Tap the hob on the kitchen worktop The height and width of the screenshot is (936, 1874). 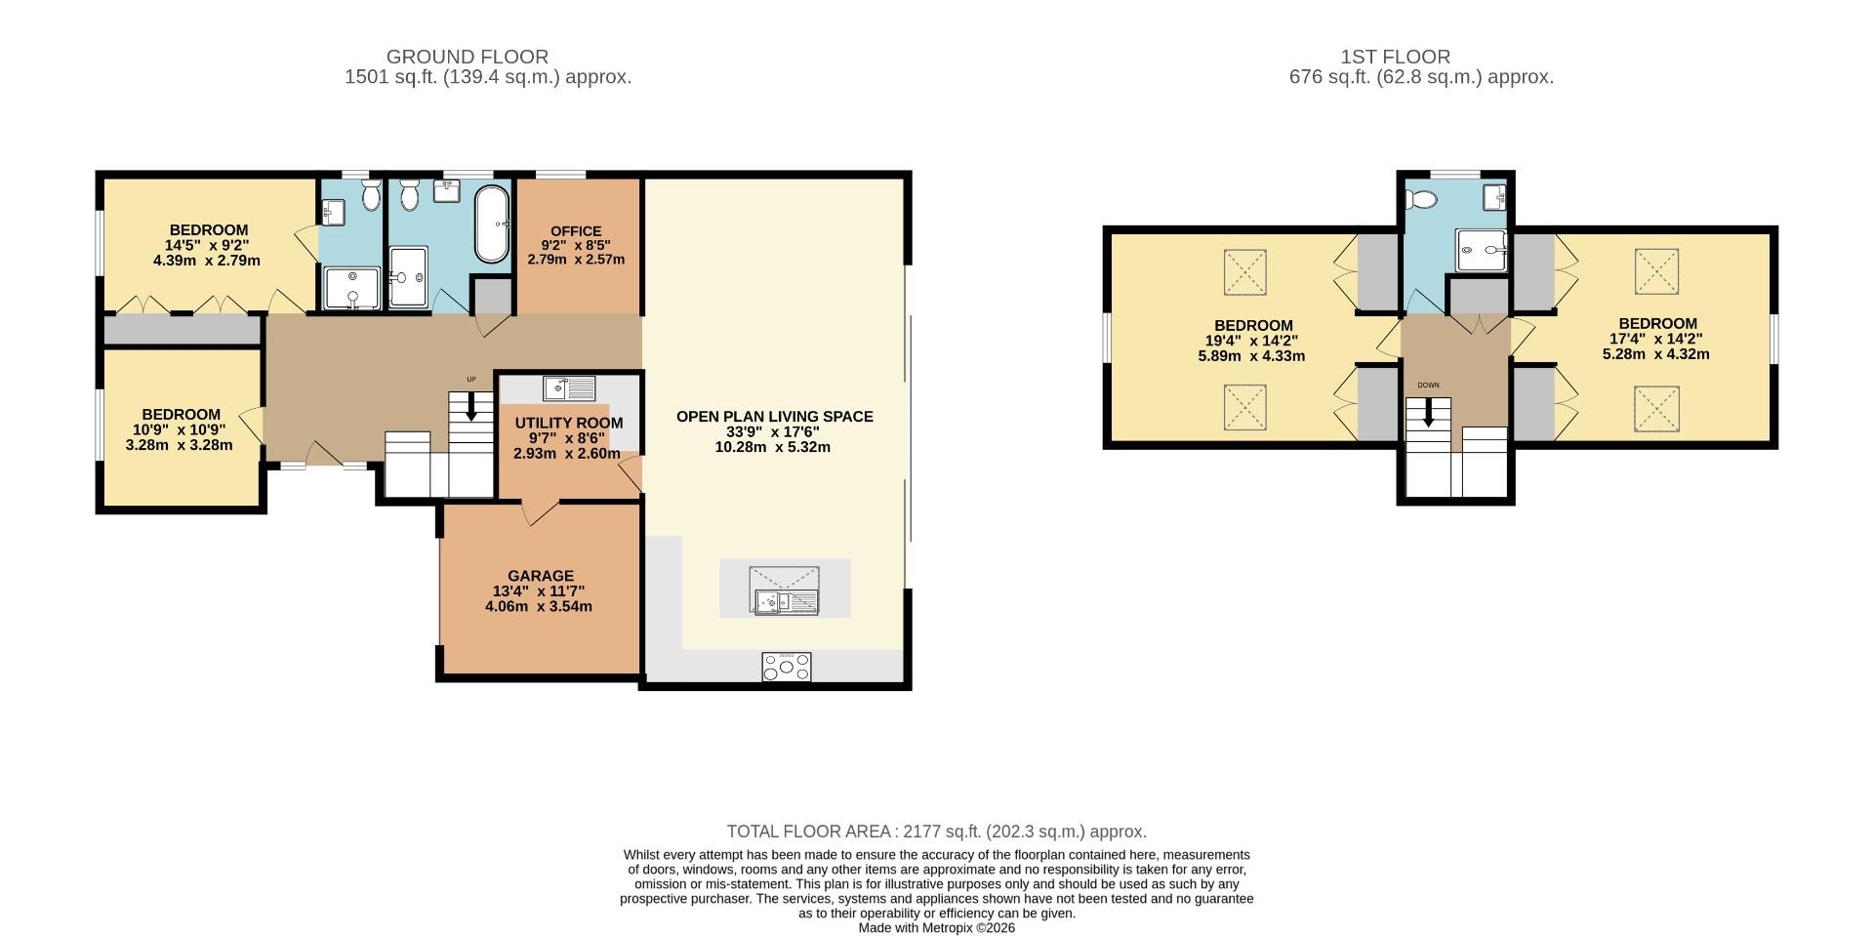(x=787, y=667)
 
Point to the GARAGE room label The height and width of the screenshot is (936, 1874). (x=540, y=576)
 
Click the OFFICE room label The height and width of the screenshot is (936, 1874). (x=576, y=231)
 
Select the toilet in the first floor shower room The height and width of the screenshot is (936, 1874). (x=1422, y=200)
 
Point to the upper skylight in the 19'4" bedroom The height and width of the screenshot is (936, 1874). (x=1245, y=271)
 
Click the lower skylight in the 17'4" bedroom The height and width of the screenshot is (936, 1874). (x=1656, y=409)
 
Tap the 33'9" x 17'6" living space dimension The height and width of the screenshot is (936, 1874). (x=773, y=431)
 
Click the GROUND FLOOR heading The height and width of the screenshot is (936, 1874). (x=467, y=57)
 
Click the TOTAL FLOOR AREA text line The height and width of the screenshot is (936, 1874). (x=936, y=832)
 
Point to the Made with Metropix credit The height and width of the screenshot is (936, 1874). (x=936, y=928)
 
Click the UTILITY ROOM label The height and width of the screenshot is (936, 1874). (x=568, y=423)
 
